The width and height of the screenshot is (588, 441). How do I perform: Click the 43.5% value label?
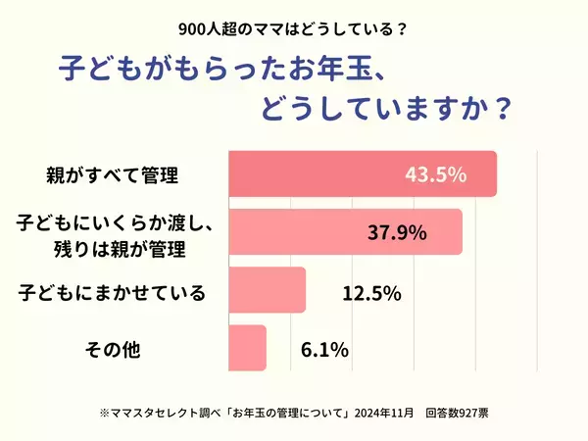tap(436, 175)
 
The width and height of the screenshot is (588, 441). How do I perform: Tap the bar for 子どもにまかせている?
tap(267, 291)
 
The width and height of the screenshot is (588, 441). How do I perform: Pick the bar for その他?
tap(247, 348)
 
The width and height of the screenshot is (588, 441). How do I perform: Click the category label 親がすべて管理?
tap(112, 177)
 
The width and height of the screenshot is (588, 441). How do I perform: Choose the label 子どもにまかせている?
tap(114, 291)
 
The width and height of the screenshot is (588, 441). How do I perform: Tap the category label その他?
tap(114, 349)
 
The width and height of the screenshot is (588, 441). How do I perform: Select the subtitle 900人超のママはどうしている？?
tap(294, 28)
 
